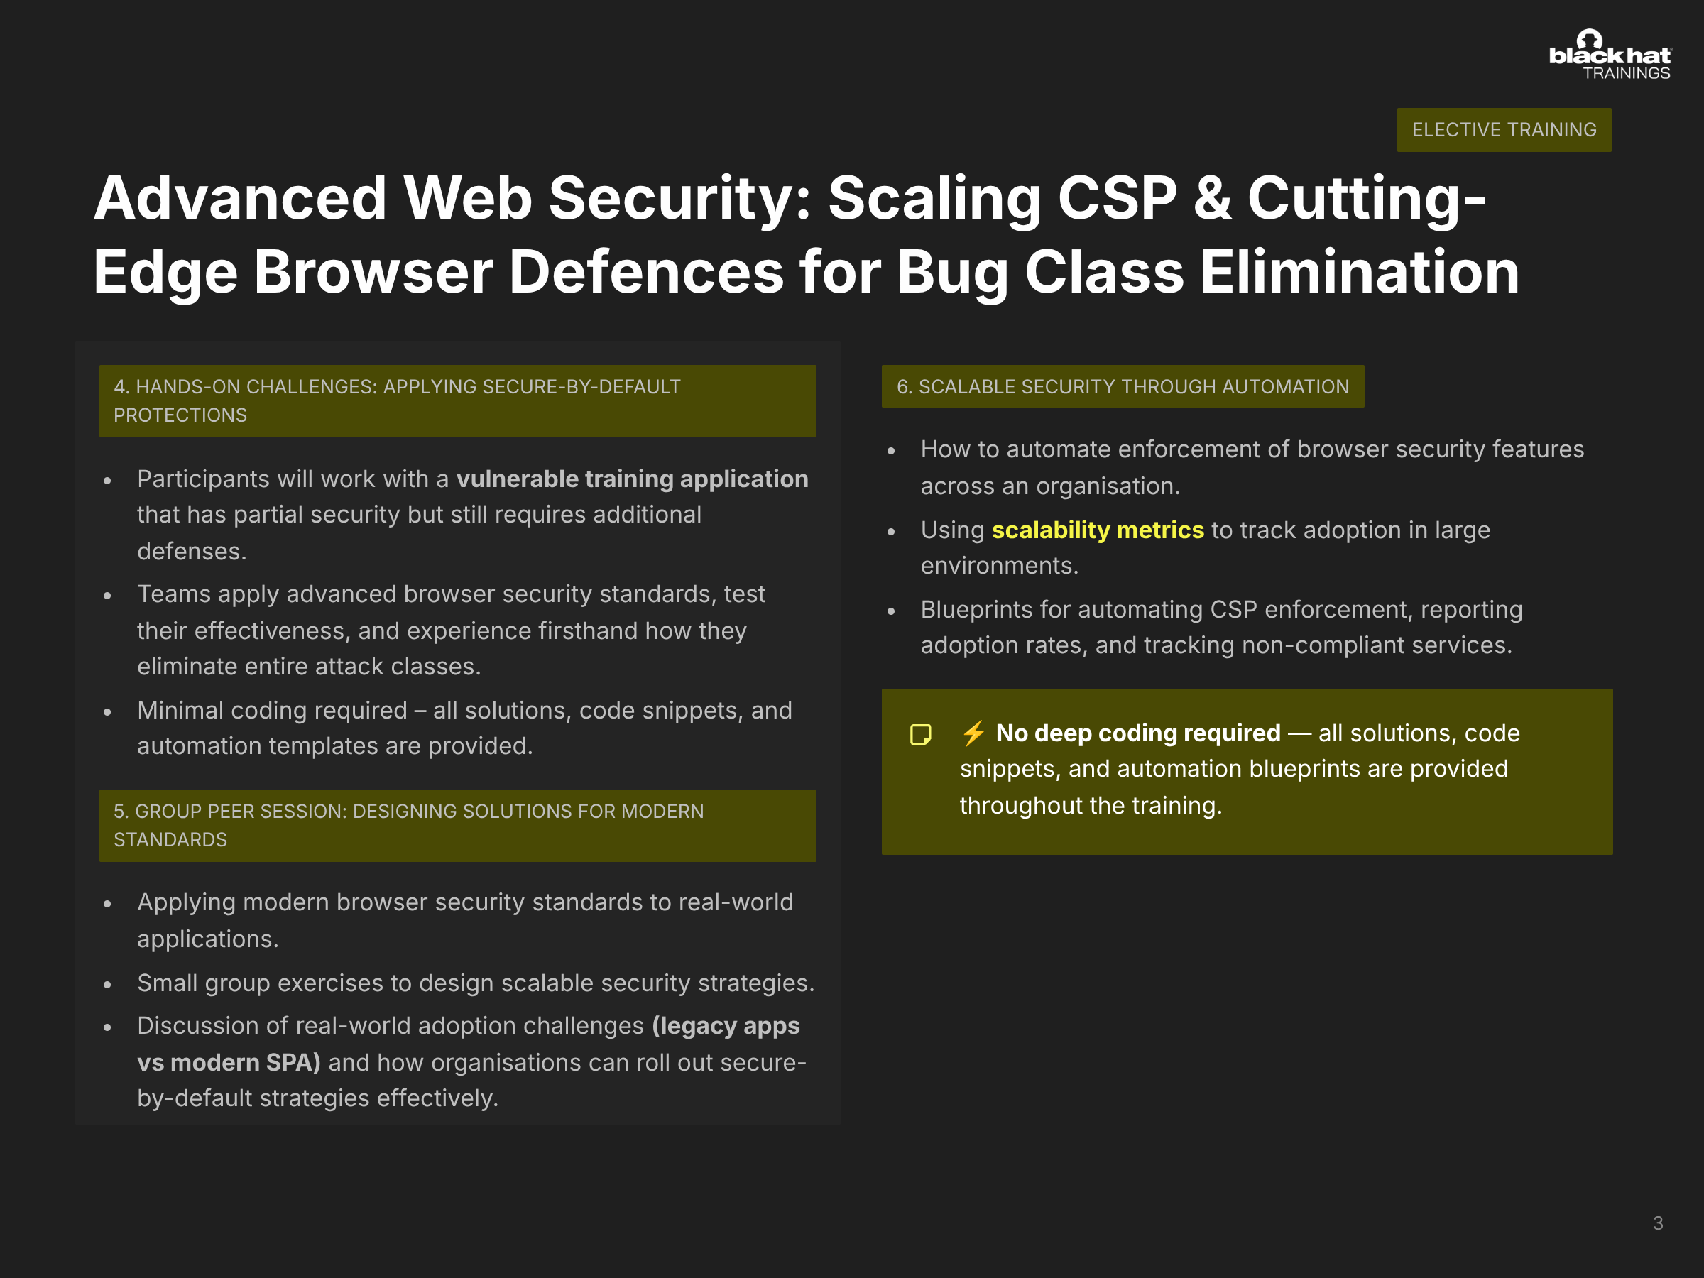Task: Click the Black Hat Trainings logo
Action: pyautogui.click(x=1610, y=55)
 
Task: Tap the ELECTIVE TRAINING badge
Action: pyautogui.click(x=1504, y=129)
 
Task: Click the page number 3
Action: pyautogui.click(x=1658, y=1223)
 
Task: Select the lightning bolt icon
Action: pyautogui.click(x=973, y=733)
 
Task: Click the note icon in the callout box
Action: pyautogui.click(x=921, y=734)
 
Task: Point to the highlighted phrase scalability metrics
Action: pyautogui.click(x=1098, y=530)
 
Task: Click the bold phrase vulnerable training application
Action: pyautogui.click(x=633, y=479)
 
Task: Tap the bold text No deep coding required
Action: pyautogui.click(x=1138, y=733)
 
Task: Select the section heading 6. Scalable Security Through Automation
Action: pyautogui.click(x=1123, y=386)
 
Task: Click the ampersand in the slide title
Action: pyautogui.click(x=1213, y=198)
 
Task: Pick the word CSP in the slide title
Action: pyautogui.click(x=1117, y=198)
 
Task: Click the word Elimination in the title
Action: pyautogui.click(x=1360, y=273)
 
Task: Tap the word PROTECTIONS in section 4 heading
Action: pyautogui.click(x=180, y=415)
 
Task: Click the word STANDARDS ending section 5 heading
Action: pyautogui.click(x=170, y=840)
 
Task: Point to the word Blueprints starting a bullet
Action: pyautogui.click(x=976, y=610)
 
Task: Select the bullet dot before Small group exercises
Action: pyautogui.click(x=107, y=985)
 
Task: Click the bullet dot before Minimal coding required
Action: pyautogui.click(x=107, y=713)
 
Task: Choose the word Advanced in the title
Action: pyautogui.click(x=239, y=198)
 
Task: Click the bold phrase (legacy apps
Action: pyautogui.click(x=726, y=1026)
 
